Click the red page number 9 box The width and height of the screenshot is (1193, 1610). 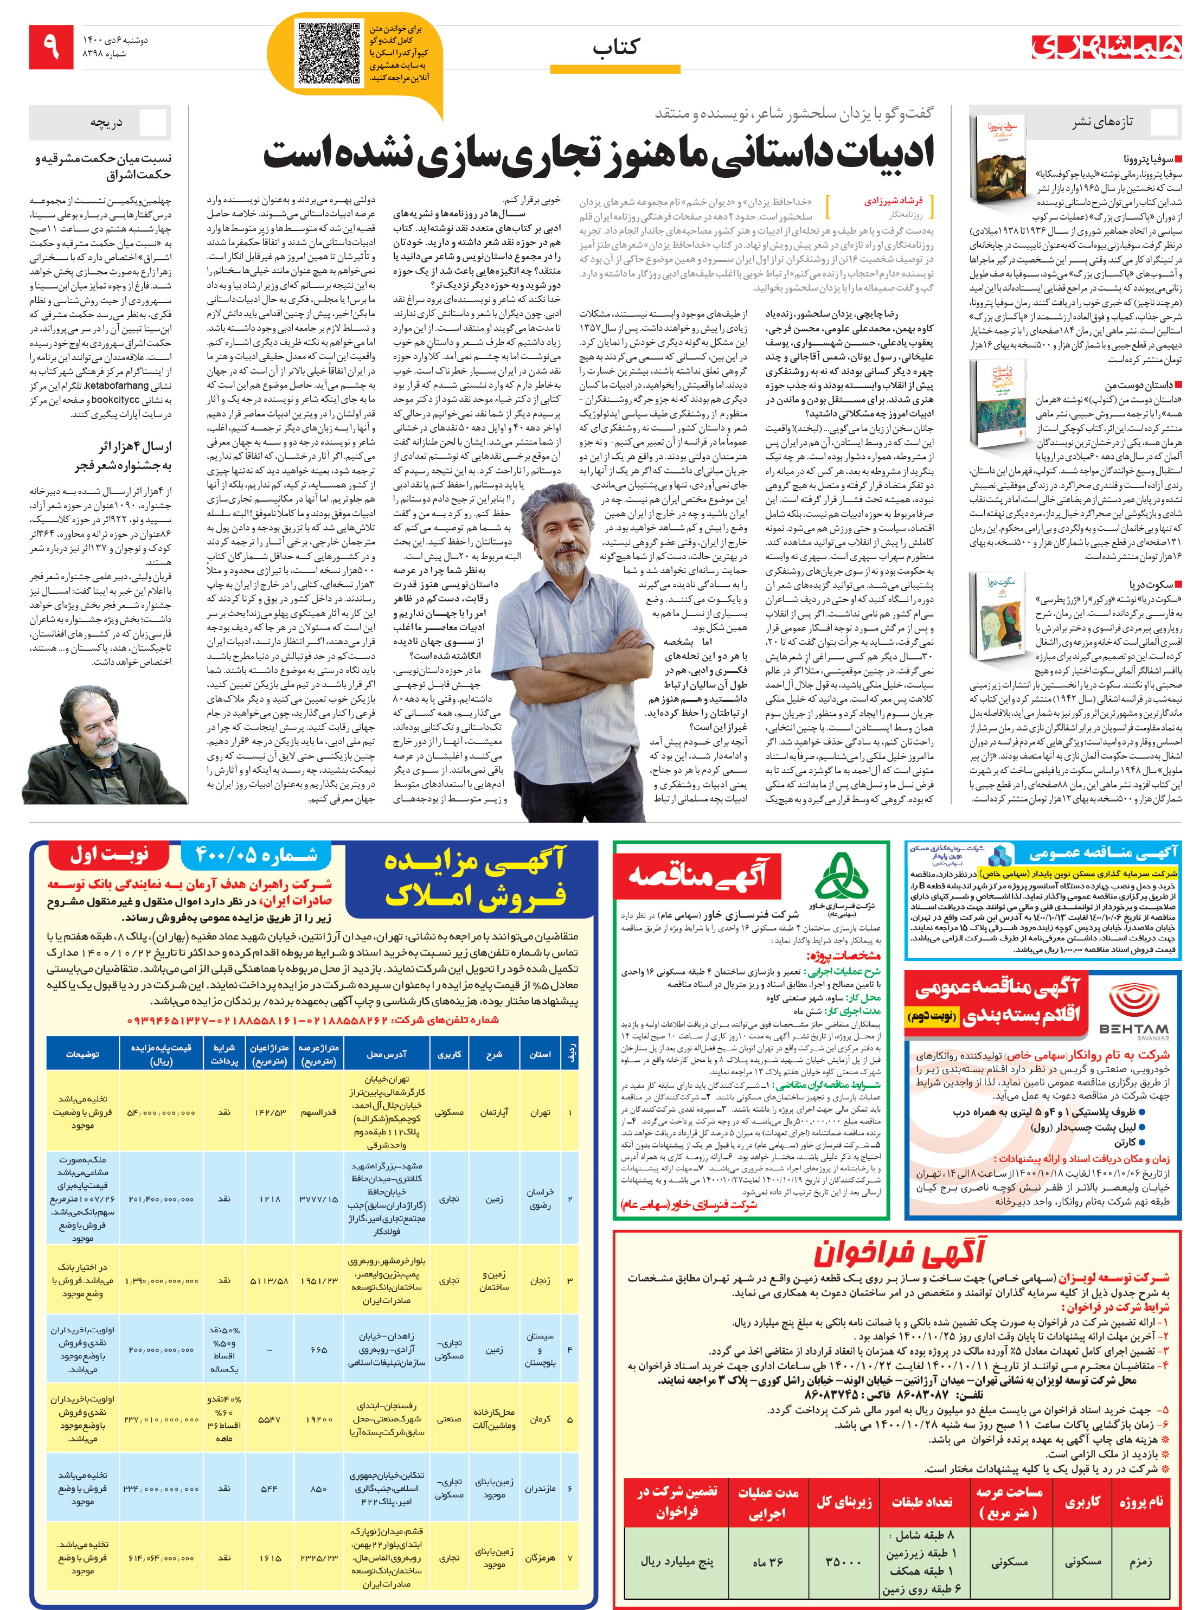(x=52, y=47)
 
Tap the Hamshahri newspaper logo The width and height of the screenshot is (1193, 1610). (x=1106, y=47)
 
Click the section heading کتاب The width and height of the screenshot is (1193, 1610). (x=615, y=48)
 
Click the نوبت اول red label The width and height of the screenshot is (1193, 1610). (x=109, y=856)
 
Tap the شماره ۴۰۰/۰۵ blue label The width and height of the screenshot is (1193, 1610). (x=256, y=856)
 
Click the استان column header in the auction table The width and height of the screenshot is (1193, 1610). (x=540, y=1055)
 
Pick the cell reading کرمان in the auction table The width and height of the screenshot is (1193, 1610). (x=540, y=1419)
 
